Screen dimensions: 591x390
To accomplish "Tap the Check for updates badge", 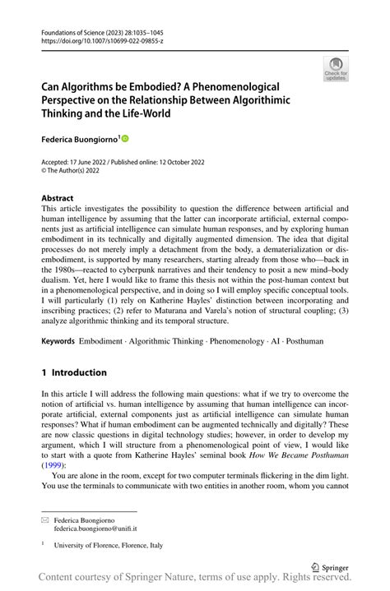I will tap(336, 69).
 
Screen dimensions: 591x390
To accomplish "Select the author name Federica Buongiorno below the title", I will tap(81, 140).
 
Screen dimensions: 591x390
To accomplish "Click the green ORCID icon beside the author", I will tap(126, 140).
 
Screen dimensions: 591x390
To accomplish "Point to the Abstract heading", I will tap(57, 198).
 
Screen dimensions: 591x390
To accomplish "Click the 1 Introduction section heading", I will tap(74, 372).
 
